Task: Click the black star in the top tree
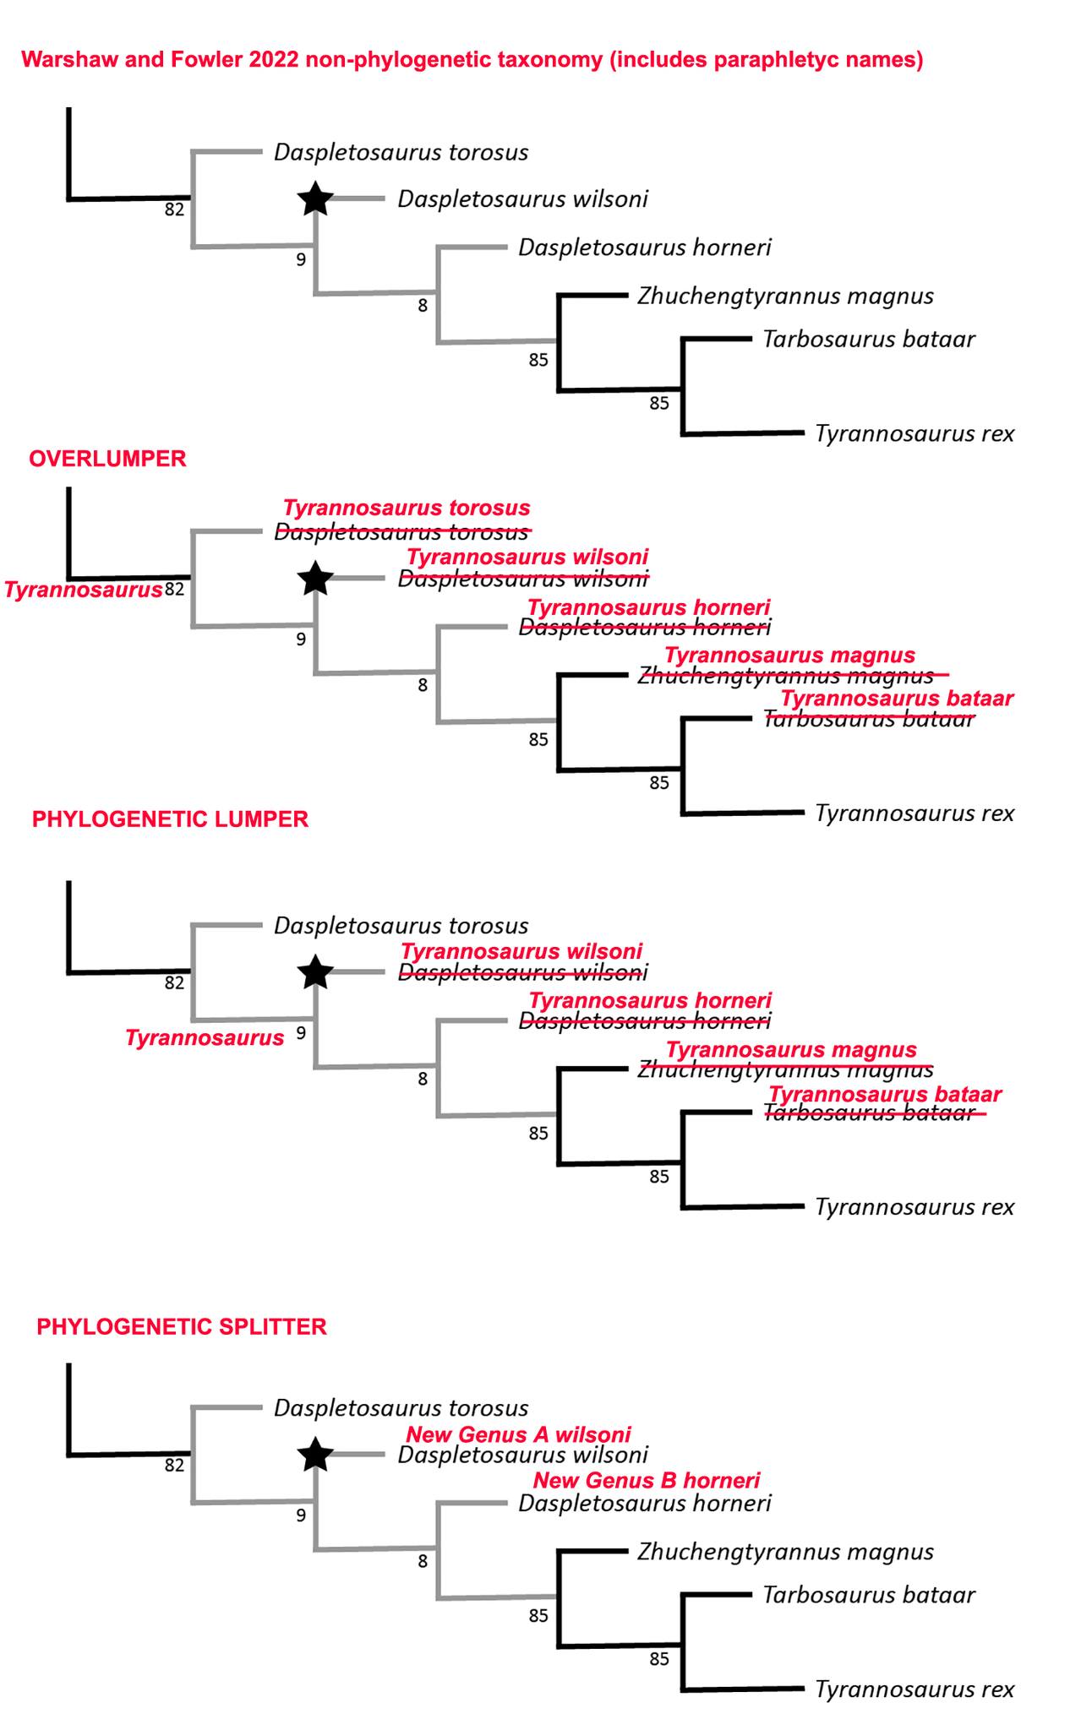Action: pos(315,199)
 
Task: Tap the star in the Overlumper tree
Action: pos(315,579)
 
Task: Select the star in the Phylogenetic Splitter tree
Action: pos(315,1454)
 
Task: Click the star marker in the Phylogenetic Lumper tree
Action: pos(315,972)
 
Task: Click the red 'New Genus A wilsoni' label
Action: pos(518,1434)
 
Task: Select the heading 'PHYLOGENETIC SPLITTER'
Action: pos(182,1326)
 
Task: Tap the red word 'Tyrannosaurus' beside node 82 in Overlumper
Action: pos(83,590)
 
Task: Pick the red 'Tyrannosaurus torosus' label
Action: pos(407,508)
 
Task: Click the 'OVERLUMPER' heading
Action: pos(107,459)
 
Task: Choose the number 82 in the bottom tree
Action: pos(174,1465)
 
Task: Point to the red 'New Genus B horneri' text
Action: pos(647,1480)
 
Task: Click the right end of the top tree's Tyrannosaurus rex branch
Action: pos(804,432)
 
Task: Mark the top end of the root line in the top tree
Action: pos(68,108)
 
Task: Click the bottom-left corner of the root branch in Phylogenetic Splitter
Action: pos(68,1455)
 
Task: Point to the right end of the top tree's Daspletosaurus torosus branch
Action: pos(262,152)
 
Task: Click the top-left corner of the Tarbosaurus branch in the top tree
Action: pos(683,339)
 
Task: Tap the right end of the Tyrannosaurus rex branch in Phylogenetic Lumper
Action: pos(804,1206)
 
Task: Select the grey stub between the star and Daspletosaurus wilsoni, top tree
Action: pos(359,199)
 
